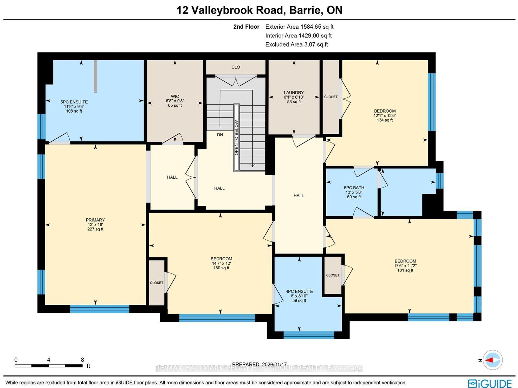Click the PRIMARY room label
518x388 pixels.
[x=95, y=220]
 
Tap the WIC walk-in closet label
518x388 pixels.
[x=175, y=96]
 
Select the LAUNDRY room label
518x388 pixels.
[x=294, y=93]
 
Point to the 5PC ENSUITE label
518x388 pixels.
[x=74, y=102]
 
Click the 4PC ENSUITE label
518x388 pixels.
[x=299, y=291]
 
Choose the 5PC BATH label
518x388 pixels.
[x=354, y=188]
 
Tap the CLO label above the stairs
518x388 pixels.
[x=236, y=67]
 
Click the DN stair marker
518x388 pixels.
[x=220, y=135]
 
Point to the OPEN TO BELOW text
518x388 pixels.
[x=236, y=138]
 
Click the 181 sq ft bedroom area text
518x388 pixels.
[x=405, y=270]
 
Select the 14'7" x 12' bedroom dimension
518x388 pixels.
[x=221, y=263]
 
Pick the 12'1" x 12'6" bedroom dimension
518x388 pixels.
[x=385, y=116]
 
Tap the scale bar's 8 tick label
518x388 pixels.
[x=82, y=360]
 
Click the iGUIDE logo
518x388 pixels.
[x=490, y=383]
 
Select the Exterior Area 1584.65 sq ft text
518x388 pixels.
[x=299, y=27]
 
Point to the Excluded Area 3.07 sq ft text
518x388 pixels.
[x=296, y=44]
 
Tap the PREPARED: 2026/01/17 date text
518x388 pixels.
[x=259, y=364]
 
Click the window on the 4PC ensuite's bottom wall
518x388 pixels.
[x=309, y=335]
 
